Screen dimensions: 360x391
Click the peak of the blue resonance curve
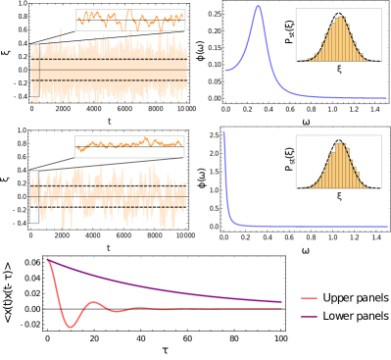coord(258,7)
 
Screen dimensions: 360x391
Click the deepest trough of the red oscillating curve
coord(71,326)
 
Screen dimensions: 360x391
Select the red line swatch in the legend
coord(308,298)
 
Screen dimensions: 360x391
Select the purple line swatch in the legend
coord(308,316)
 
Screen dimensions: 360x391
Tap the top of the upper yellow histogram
coord(340,18)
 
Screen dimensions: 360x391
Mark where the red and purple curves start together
coord(47,260)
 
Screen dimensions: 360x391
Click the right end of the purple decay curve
coord(282,302)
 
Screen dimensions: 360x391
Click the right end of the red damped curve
coord(282,308)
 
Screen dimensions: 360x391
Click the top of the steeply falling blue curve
coord(224,132)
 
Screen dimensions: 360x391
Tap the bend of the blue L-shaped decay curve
coord(232,220)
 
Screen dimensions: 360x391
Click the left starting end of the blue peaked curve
coord(225,70)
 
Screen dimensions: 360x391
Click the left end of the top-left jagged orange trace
coord(79,17)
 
